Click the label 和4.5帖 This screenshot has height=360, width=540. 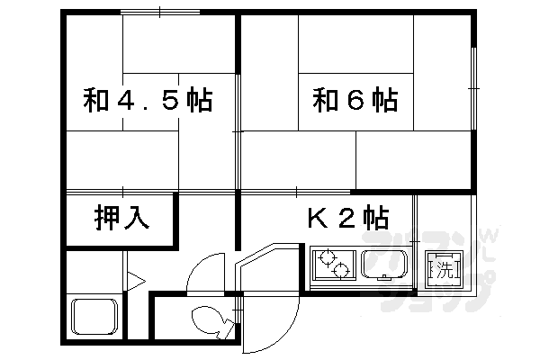[x=148, y=98]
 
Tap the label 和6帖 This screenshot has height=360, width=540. [x=355, y=98]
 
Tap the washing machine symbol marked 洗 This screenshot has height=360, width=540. [x=444, y=267]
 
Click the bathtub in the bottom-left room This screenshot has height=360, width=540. [x=95, y=317]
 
